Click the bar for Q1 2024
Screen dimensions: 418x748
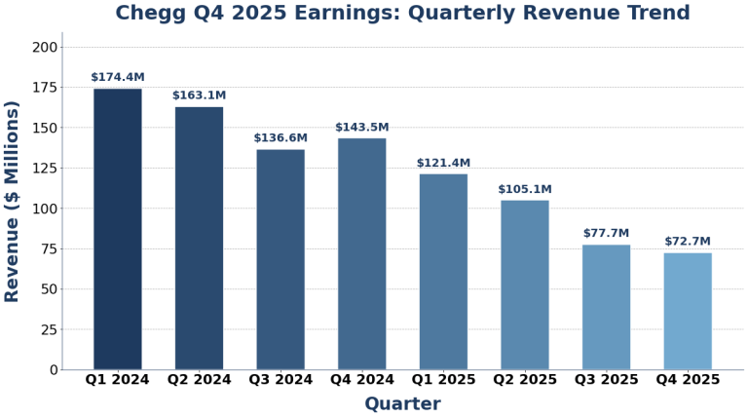[x=118, y=229]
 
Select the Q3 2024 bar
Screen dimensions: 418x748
[x=280, y=259]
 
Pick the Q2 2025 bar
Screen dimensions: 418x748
[x=525, y=285]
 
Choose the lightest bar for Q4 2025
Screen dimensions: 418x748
[x=688, y=311]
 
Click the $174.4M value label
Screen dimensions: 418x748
[x=118, y=78]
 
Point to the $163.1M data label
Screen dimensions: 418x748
[x=199, y=95]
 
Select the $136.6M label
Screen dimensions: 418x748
[x=280, y=138]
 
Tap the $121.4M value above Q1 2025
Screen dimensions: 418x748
[x=443, y=164]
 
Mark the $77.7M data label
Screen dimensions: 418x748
[x=606, y=234]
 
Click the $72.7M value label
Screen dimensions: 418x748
[x=688, y=242]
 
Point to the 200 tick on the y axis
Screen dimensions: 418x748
[x=45, y=48]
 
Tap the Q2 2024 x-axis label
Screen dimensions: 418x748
[x=199, y=380]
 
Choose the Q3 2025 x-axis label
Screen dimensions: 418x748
[x=606, y=380]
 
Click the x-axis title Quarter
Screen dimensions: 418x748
[x=402, y=404]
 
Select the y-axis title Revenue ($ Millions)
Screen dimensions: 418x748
[x=13, y=202]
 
